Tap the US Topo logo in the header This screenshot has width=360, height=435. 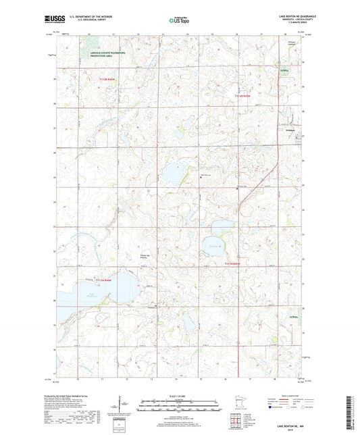178,21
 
